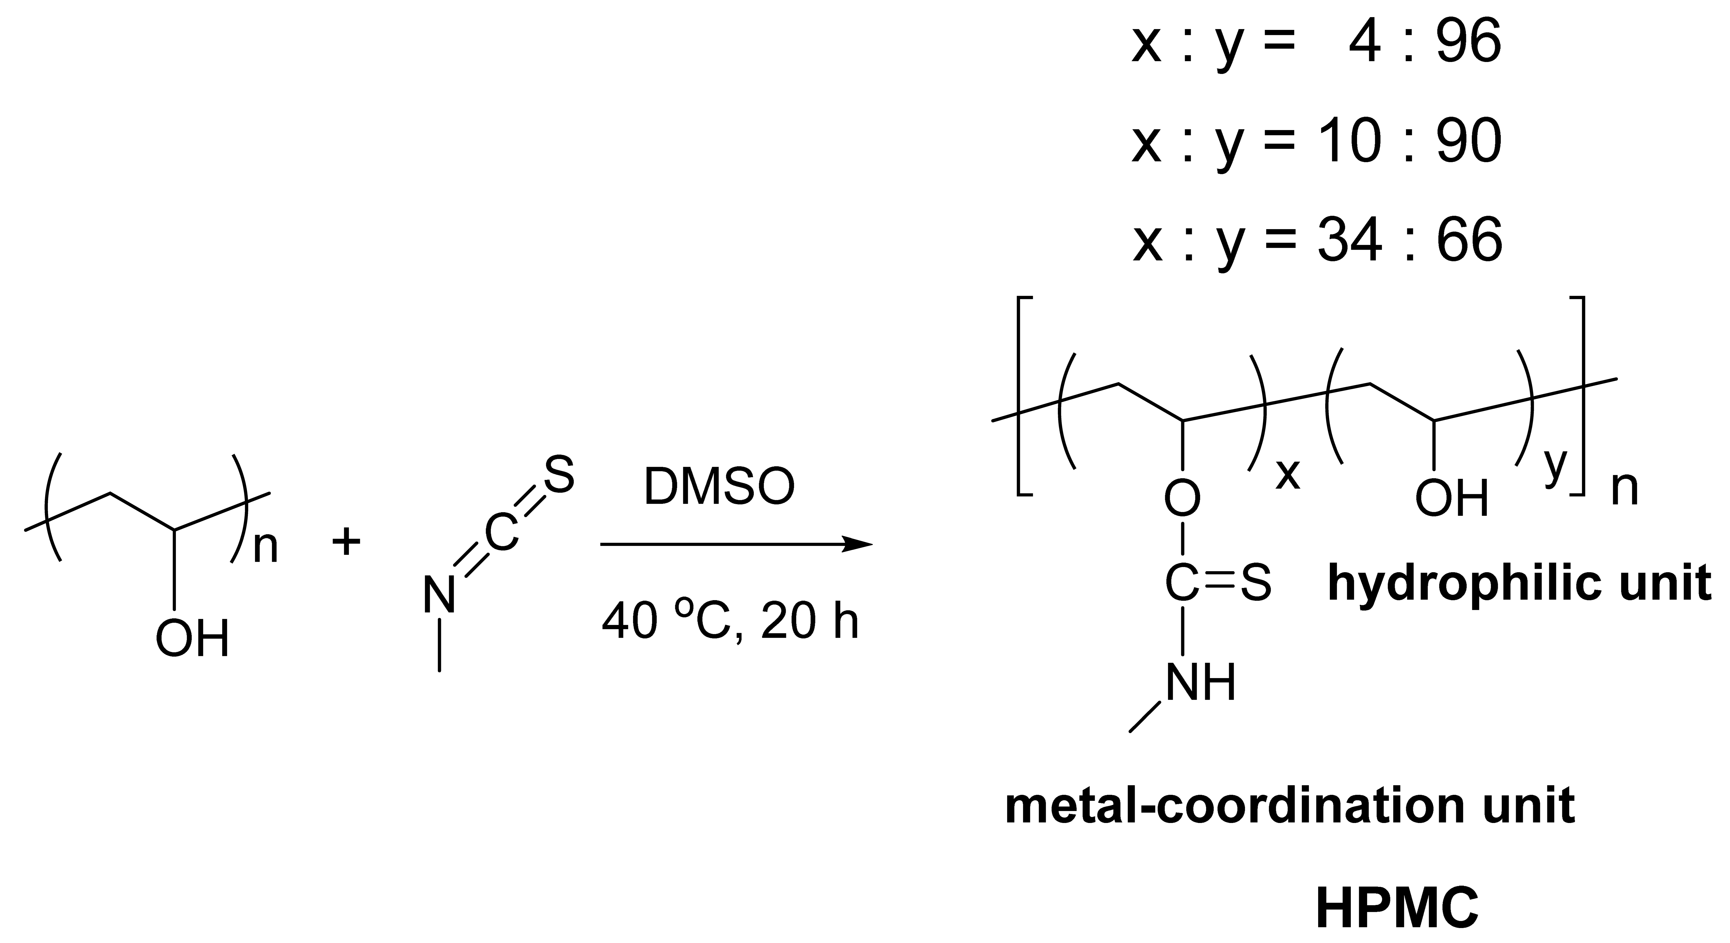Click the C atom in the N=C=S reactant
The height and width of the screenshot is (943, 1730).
click(x=502, y=534)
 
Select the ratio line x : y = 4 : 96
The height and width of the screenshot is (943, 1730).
click(x=1316, y=44)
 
